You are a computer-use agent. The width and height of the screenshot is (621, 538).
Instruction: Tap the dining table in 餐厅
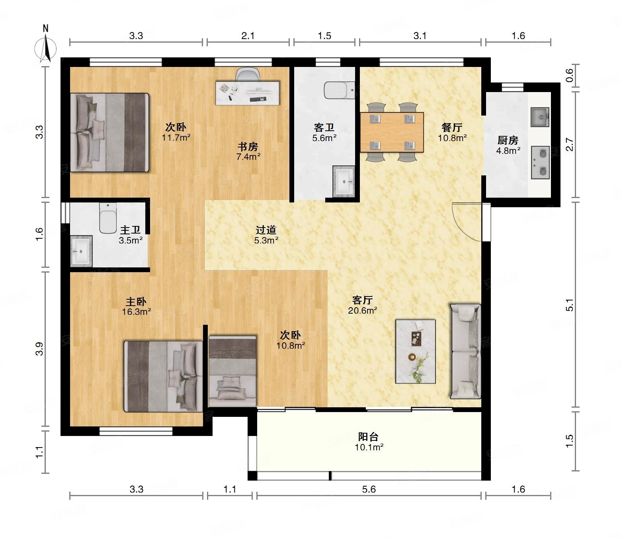click(x=392, y=132)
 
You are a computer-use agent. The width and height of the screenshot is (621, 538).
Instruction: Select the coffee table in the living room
click(x=415, y=351)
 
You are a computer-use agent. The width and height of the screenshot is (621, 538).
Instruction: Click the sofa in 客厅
click(x=465, y=351)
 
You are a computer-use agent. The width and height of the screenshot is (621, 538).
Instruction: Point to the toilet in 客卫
click(x=339, y=90)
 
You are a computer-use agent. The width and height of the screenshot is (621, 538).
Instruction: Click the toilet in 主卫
click(x=108, y=218)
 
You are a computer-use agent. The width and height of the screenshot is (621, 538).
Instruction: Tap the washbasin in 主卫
click(x=81, y=251)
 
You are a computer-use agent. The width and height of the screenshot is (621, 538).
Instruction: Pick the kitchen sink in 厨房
click(x=540, y=117)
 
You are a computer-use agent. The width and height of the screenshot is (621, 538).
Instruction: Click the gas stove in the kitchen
click(x=540, y=162)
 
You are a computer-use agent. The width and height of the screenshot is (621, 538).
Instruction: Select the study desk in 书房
click(x=248, y=92)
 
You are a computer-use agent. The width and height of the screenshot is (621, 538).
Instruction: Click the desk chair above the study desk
click(x=248, y=74)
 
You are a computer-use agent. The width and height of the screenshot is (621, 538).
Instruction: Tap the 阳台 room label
click(x=368, y=436)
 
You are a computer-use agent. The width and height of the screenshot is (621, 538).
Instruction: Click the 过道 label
click(x=266, y=230)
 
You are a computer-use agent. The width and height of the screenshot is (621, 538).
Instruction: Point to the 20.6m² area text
click(x=363, y=310)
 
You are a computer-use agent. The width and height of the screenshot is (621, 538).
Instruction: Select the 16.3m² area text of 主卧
click(x=137, y=312)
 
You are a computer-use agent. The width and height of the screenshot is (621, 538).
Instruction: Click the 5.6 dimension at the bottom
click(x=369, y=489)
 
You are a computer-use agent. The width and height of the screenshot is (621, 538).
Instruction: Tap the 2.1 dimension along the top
click(x=248, y=36)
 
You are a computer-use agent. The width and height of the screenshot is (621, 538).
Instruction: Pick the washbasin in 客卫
click(x=344, y=181)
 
